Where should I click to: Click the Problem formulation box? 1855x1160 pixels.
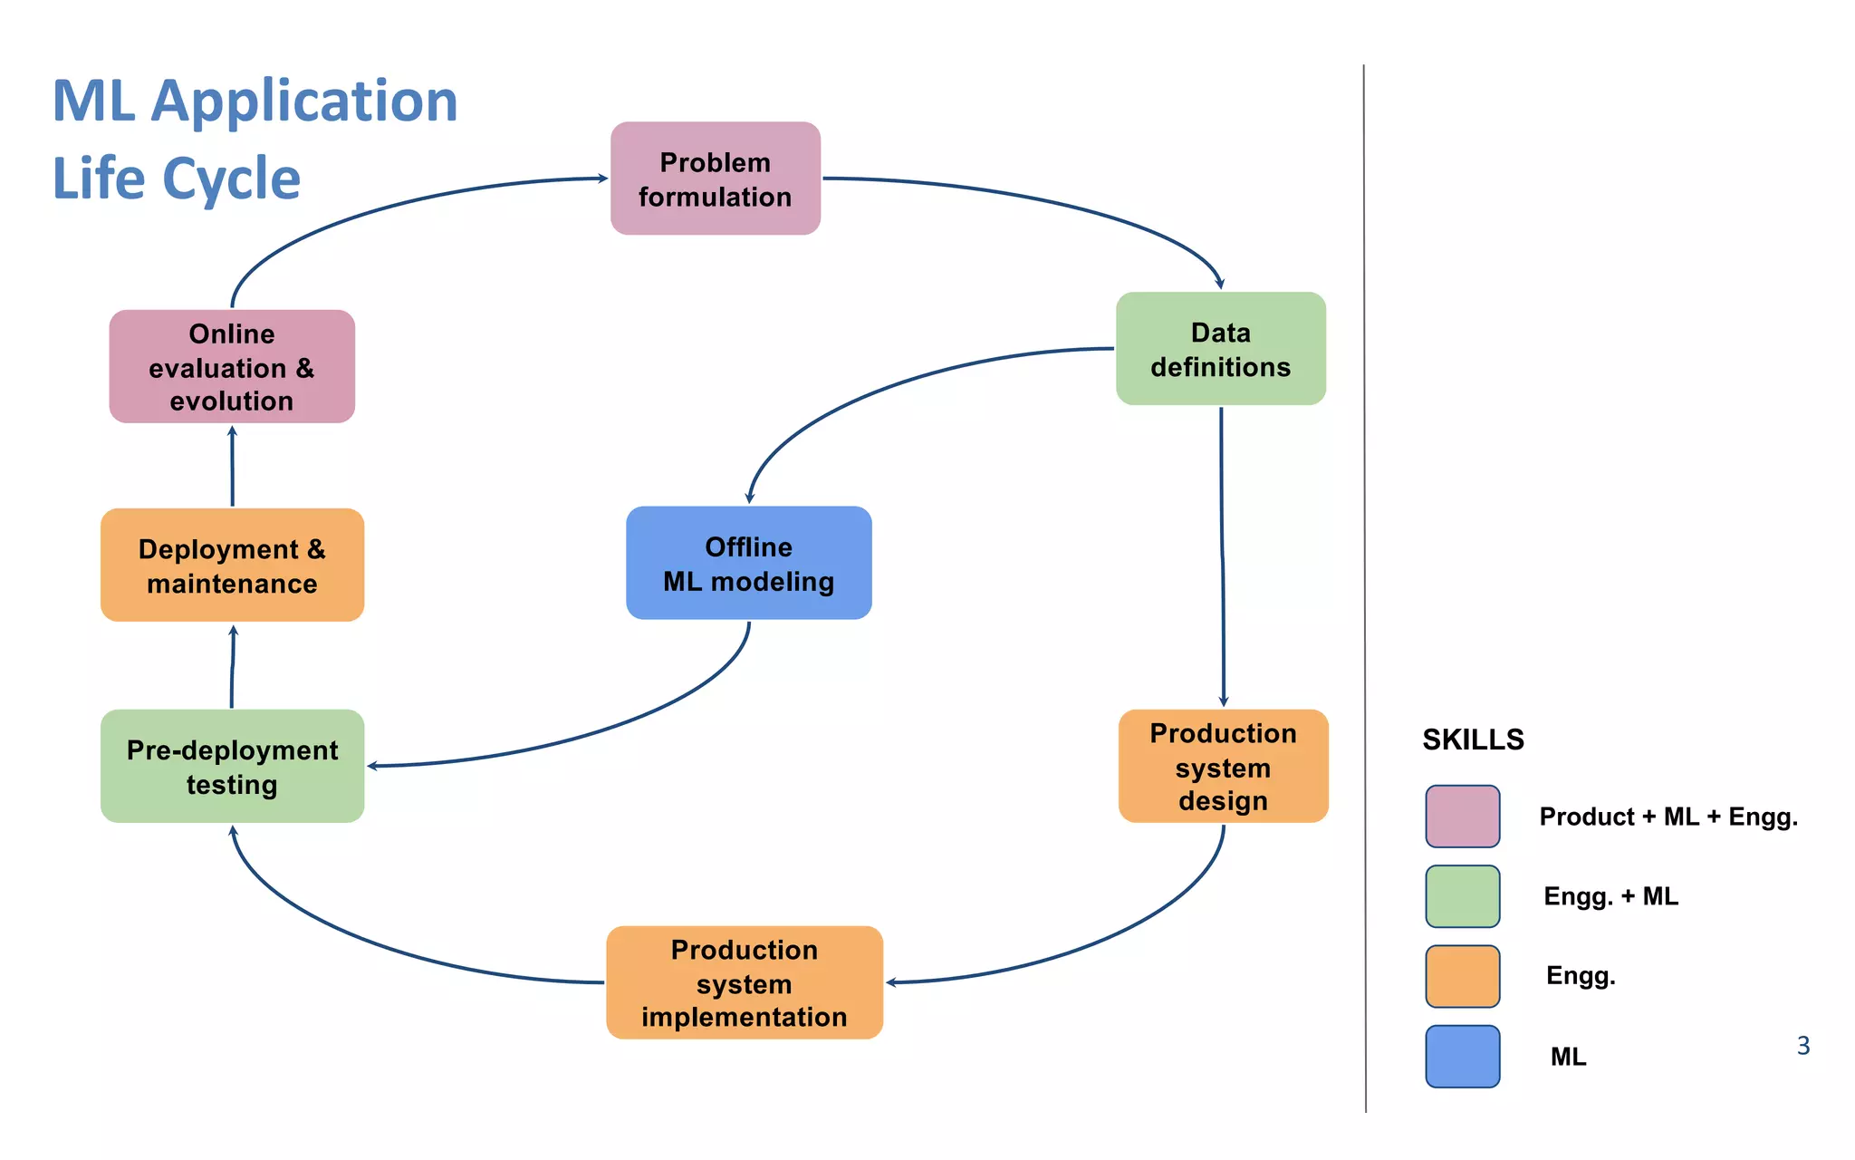pos(715,179)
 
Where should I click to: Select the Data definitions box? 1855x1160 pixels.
pos(1220,349)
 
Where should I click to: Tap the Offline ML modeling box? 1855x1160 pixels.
pos(748,564)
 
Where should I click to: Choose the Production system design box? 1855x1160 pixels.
pos(1223,767)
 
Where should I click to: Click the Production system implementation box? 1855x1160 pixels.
pos(744,982)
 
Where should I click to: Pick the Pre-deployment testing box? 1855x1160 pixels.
pos(232,767)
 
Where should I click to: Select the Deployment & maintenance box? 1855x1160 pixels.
pos(232,565)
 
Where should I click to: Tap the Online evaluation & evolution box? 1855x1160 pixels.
pos(232,367)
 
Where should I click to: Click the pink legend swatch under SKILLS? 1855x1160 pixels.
pos(1462,817)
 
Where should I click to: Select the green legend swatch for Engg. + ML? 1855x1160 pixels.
pos(1462,896)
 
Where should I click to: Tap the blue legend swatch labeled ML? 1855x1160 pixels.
pos(1462,1057)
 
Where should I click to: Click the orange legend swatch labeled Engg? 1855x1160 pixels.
pos(1462,976)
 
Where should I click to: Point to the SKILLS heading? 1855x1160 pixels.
pos(1473,739)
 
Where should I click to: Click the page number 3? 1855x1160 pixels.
pos(1802,1046)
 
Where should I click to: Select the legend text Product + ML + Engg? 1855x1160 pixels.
pos(1668,817)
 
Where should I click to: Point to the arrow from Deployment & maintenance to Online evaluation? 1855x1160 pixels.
pos(232,466)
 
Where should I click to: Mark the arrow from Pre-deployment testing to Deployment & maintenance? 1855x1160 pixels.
pos(232,667)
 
